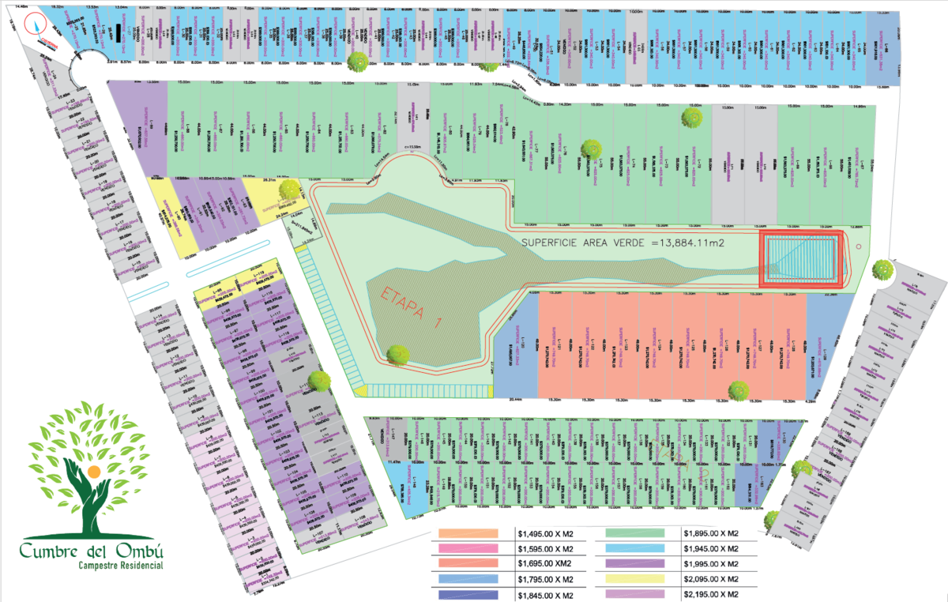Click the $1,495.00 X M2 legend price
(544, 533)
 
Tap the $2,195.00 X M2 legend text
(711, 594)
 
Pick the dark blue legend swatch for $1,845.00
(468, 594)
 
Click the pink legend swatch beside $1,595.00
(468, 548)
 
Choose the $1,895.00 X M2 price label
(711, 533)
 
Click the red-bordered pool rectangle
(801, 258)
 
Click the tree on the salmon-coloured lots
(739, 389)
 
